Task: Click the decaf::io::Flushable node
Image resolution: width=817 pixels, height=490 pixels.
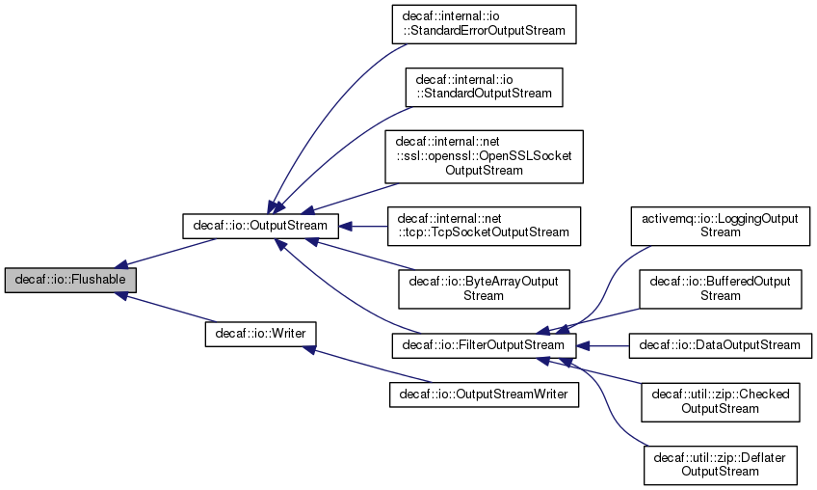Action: (x=70, y=281)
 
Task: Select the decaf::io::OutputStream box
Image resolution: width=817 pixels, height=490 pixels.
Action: (x=260, y=226)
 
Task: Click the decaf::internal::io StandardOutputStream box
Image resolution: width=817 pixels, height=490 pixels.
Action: (x=483, y=86)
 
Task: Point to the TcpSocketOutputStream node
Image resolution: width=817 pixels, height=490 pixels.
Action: (x=483, y=225)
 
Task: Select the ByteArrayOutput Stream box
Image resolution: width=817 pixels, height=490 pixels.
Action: (x=483, y=287)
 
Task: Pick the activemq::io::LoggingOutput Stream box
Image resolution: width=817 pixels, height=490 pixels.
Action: (x=720, y=226)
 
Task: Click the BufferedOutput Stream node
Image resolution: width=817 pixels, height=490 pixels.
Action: (x=720, y=288)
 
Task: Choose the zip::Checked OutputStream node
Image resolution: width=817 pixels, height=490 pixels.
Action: (x=720, y=401)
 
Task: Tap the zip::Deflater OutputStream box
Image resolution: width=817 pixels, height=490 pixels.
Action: (x=720, y=464)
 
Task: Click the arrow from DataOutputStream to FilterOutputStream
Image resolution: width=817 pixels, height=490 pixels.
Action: (x=603, y=344)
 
